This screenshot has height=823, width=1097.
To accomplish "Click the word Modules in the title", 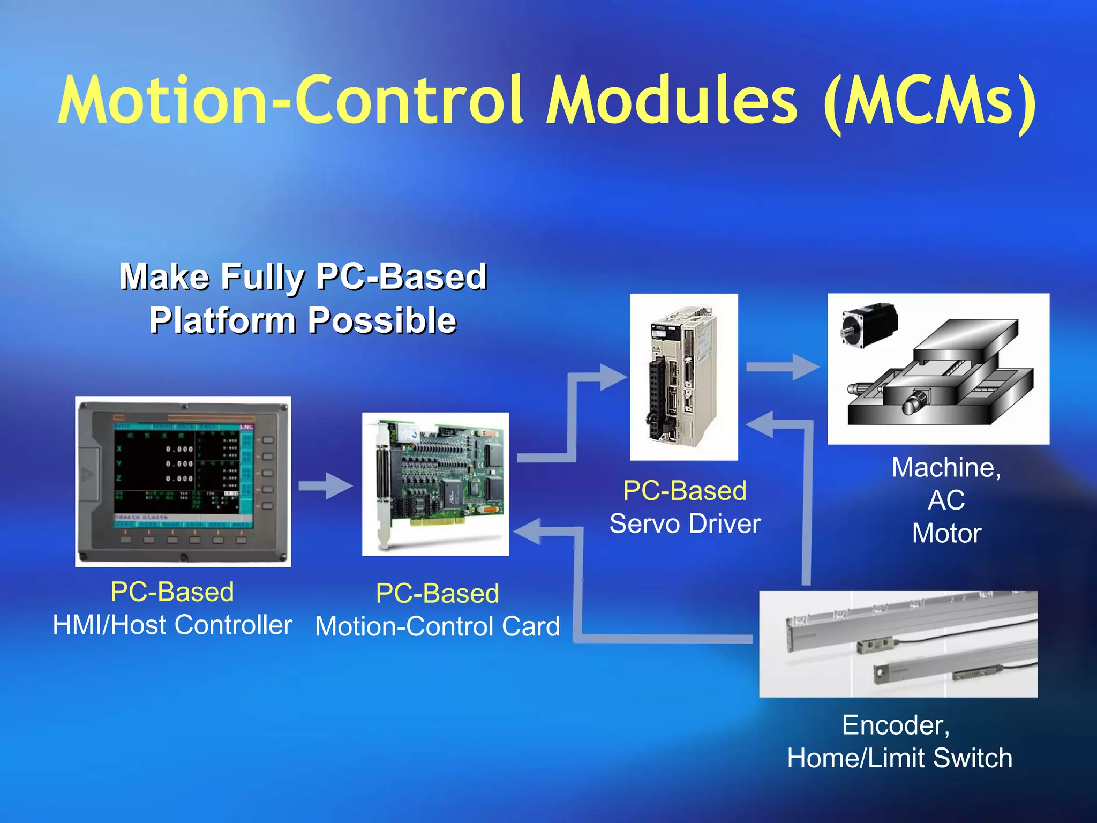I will [x=672, y=101].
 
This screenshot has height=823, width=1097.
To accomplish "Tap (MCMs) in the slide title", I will [x=929, y=102].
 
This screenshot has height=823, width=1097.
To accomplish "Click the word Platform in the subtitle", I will [x=222, y=321].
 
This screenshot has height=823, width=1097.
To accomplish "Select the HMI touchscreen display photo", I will [x=183, y=481].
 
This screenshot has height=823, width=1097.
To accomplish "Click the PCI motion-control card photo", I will [x=435, y=484].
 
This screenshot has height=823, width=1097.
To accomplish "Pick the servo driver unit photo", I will [x=683, y=377].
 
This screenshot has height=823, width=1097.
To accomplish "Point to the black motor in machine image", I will [x=869, y=324].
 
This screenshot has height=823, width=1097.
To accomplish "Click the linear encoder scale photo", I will [x=898, y=644].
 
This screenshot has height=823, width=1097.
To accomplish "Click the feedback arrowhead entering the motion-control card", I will [x=528, y=532].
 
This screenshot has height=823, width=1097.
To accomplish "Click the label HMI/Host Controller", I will [x=172, y=625].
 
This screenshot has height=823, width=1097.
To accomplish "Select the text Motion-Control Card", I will [x=437, y=626].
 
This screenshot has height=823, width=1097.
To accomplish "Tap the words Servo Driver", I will [x=685, y=523].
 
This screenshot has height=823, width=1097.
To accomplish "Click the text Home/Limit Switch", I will [x=899, y=758].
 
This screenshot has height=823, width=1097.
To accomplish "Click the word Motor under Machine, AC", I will [x=946, y=533].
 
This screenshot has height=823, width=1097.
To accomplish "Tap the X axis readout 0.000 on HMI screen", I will [x=179, y=450].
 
